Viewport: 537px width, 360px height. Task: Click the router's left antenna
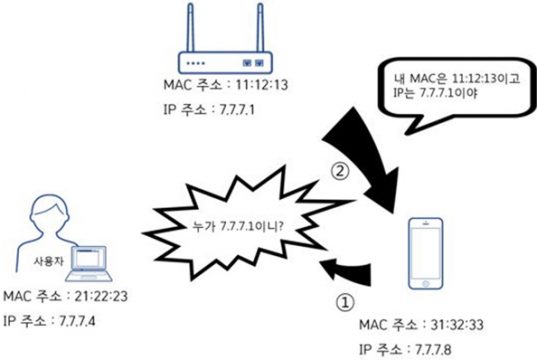(190, 28)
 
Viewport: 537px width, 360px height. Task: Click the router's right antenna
(261, 28)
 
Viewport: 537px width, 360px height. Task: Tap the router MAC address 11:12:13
(262, 85)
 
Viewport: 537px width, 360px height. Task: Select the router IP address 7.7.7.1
(237, 110)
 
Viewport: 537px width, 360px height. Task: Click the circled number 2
(340, 171)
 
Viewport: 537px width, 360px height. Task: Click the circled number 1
(345, 302)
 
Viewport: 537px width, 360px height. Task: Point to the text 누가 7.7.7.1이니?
(238, 226)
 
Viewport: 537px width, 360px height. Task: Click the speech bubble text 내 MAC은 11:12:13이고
(457, 79)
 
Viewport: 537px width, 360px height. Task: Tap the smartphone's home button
(426, 284)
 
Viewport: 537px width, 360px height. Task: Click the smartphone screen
(426, 253)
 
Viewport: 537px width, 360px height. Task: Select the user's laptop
(89, 263)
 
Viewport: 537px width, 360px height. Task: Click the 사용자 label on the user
(48, 261)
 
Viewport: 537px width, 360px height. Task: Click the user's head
(50, 213)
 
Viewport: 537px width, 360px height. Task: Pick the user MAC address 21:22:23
(101, 296)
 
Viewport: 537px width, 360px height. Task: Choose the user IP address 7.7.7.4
(77, 321)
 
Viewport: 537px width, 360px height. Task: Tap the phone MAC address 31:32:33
(457, 324)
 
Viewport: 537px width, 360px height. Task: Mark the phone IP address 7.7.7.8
(433, 350)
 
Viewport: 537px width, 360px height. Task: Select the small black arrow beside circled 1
(346, 272)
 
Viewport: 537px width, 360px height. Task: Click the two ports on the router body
(253, 63)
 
